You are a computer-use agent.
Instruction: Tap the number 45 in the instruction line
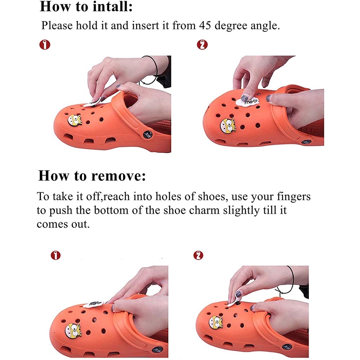pyautogui.click(x=205, y=25)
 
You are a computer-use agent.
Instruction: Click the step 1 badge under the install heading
pyautogui.click(x=45, y=45)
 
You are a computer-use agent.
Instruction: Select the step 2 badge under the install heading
pyautogui.click(x=202, y=45)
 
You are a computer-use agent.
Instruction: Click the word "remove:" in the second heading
pyautogui.click(x=118, y=176)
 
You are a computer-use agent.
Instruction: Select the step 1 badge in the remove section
pyautogui.click(x=56, y=255)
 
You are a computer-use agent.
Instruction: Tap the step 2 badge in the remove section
pyautogui.click(x=198, y=255)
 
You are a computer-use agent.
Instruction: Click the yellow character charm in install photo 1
pyautogui.click(x=75, y=120)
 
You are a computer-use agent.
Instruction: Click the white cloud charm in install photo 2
pyautogui.click(x=247, y=102)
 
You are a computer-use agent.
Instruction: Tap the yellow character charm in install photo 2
pyautogui.click(x=228, y=126)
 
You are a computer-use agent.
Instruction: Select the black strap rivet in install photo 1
pyautogui.click(x=148, y=134)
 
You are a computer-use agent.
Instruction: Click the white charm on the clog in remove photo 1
pyautogui.click(x=93, y=304)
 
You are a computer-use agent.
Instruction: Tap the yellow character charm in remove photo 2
pyautogui.click(x=216, y=322)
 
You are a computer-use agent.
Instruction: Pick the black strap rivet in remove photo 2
pyautogui.click(x=287, y=347)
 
